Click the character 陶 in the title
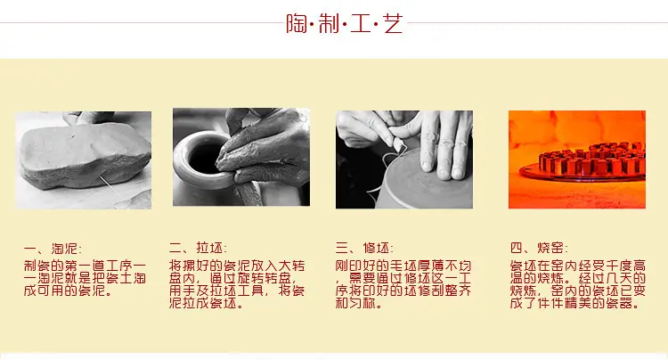[x=297, y=23]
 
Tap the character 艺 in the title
[x=393, y=23]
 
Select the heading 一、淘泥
[x=53, y=249]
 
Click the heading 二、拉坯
[x=198, y=248]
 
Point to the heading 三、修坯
[x=364, y=248]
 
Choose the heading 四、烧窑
[x=539, y=248]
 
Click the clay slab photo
[x=84, y=160]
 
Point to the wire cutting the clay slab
[x=110, y=187]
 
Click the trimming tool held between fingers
[x=399, y=144]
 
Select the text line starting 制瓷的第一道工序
[x=85, y=266]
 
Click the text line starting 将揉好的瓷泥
[x=237, y=266]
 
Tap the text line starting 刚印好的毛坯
[x=403, y=266]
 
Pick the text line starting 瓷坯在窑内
[x=578, y=266]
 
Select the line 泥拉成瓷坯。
[x=207, y=303]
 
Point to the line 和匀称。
[x=358, y=303]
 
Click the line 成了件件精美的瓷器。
[x=575, y=303]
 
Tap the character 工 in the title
[x=361, y=23]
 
